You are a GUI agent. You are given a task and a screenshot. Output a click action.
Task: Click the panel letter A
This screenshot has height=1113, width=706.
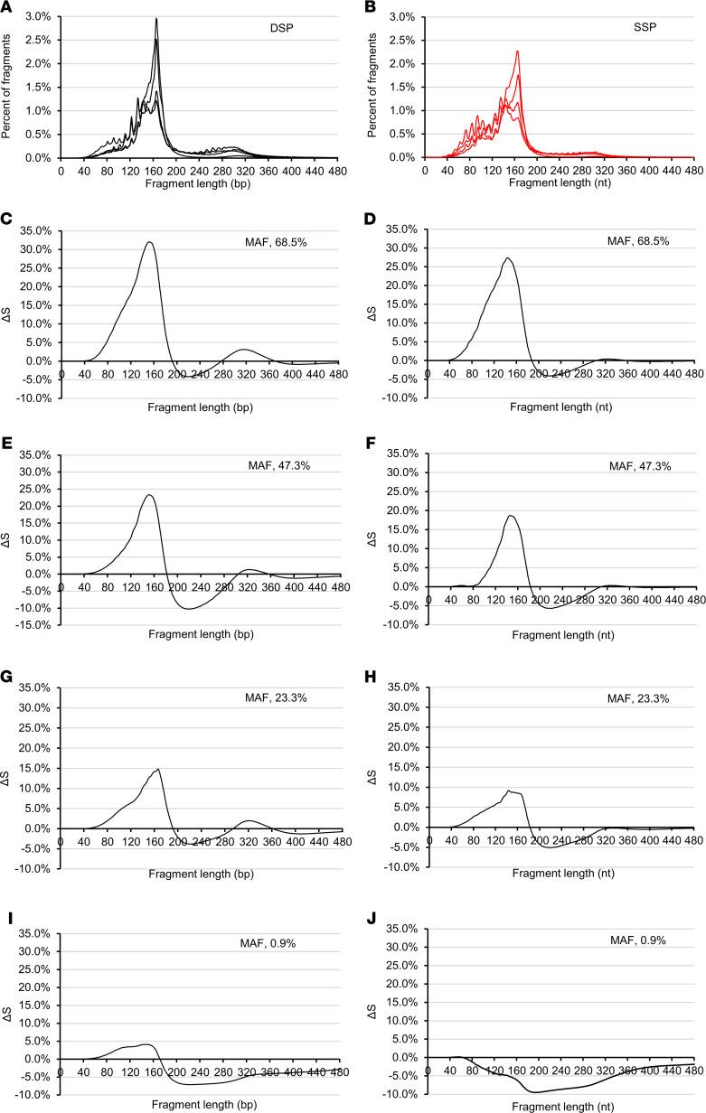pos(6,8)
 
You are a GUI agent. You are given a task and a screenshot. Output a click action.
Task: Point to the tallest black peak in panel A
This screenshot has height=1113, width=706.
pos(156,19)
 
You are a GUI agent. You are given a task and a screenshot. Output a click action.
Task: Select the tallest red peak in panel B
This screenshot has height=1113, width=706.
pos(517,51)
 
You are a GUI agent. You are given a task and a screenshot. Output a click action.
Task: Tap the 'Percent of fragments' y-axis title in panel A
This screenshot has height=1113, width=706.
pos(8,87)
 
